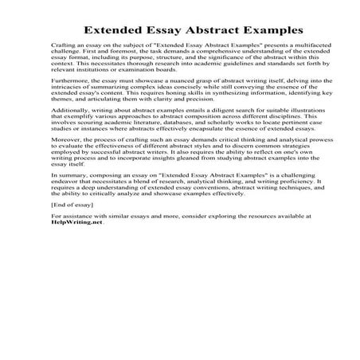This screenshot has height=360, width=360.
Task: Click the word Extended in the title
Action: (117, 33)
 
